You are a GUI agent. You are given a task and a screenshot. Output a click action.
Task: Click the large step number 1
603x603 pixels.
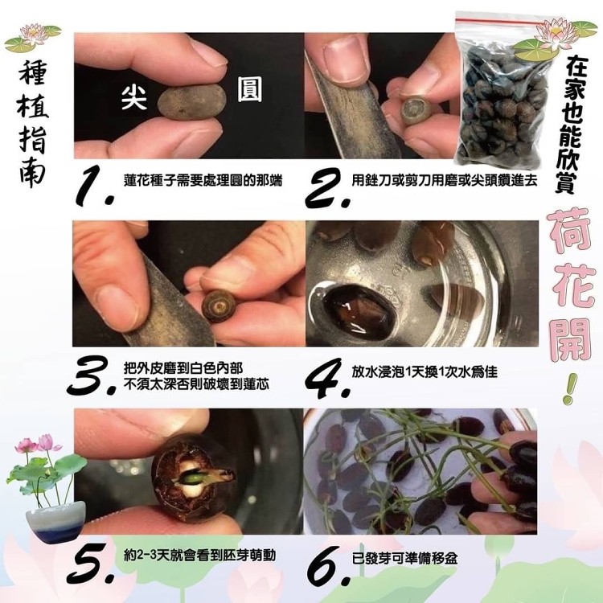click(95, 186)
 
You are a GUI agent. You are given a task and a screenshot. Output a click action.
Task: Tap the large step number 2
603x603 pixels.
click(328, 187)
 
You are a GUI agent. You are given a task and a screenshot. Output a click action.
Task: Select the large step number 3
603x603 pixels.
click(92, 375)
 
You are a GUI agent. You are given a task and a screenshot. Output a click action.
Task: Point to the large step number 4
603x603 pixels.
click(328, 378)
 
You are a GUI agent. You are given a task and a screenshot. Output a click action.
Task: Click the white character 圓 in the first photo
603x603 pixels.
click(249, 89)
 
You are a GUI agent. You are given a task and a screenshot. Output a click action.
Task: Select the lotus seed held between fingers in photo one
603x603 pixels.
click(191, 102)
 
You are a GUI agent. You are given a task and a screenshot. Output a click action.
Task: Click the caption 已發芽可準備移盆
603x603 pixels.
click(404, 559)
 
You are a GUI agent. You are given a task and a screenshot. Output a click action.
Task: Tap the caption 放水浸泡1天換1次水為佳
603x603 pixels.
click(425, 371)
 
